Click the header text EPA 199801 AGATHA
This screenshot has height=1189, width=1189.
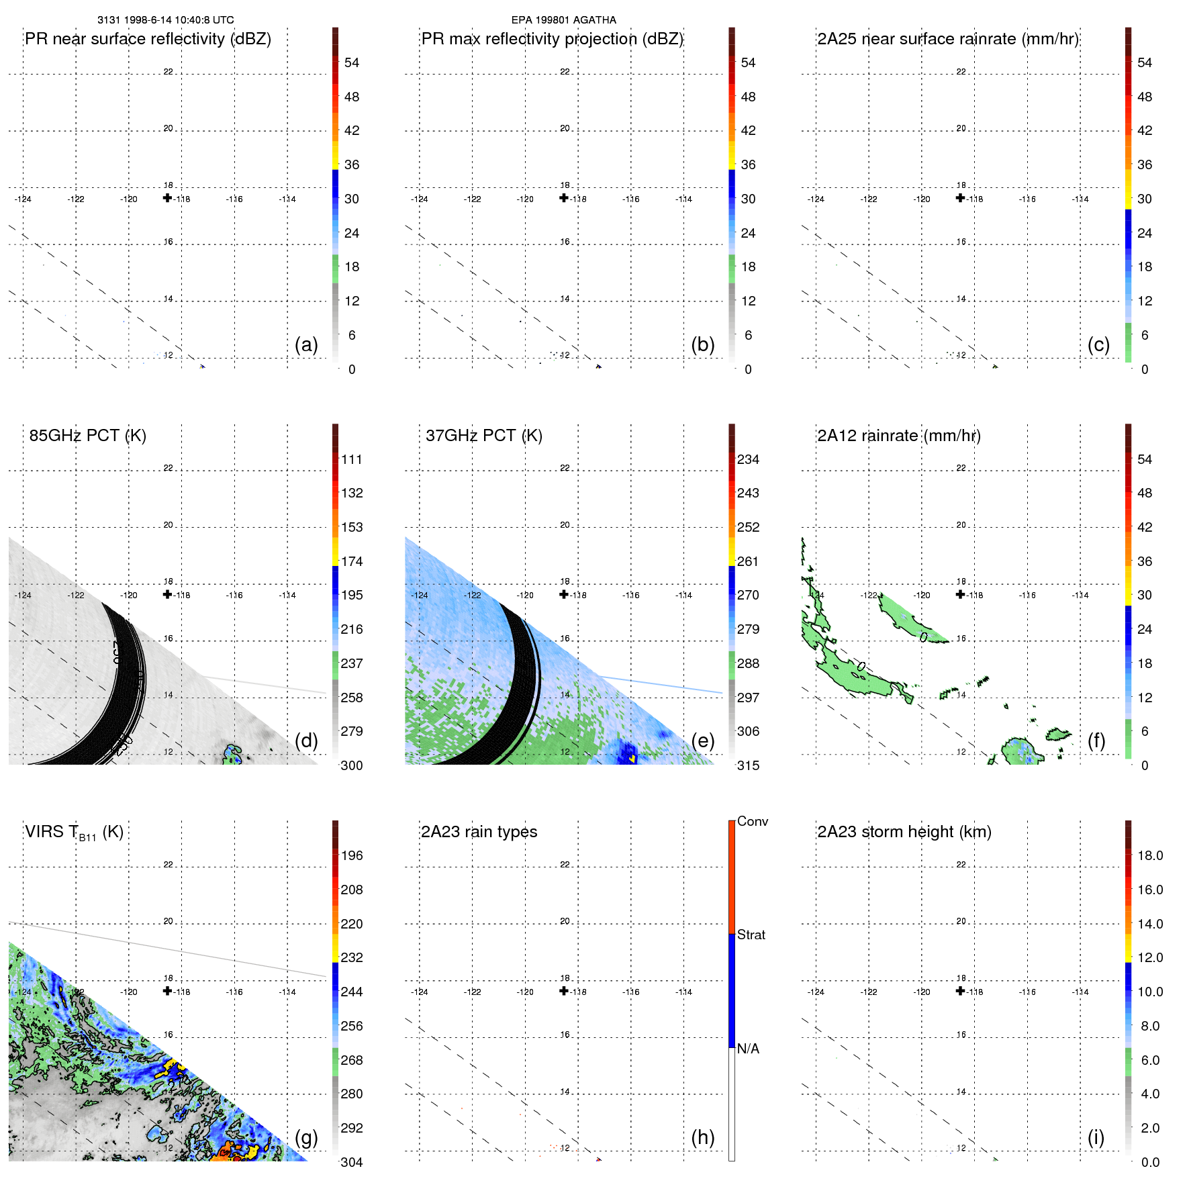pos(563,20)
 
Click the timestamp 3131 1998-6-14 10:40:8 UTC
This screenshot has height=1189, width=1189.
pos(166,20)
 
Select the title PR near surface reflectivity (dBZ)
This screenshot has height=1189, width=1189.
pos(148,39)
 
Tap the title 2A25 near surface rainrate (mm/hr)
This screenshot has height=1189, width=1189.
pos(948,39)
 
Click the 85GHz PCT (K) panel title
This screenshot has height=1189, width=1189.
pos(87,436)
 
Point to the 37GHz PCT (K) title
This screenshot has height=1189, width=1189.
pos(483,436)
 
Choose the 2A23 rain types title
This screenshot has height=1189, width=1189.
pos(479,832)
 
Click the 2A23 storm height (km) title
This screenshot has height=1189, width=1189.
pos(904,832)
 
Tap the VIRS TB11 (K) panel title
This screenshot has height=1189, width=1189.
pos(74,833)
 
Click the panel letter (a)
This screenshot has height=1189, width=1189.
pos(306,344)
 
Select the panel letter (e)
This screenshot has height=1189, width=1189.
pos(702,741)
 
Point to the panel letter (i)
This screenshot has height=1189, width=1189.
pos(1096,1137)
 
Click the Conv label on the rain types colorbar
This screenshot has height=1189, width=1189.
pos(752,821)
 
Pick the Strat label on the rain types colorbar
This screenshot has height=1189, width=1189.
pos(751,935)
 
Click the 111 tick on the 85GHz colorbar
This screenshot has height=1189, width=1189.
pos(351,459)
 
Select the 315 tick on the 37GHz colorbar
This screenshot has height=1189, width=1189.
pos(748,765)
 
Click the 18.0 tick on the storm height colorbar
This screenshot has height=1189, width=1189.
pos(1149,855)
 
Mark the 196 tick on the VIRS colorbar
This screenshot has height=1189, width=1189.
pos(351,855)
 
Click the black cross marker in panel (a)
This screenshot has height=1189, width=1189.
pos(167,198)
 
